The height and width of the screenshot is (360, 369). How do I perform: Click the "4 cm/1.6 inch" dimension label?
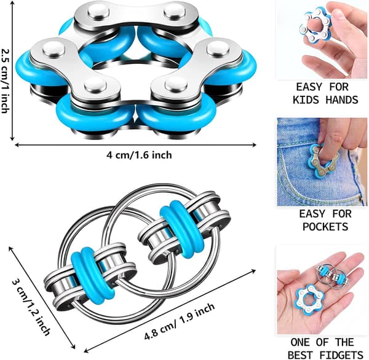pos(140,155)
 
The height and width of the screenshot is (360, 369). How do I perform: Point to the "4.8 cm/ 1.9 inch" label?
pos(180,321)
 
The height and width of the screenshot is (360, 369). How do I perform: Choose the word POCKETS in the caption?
pos(325,227)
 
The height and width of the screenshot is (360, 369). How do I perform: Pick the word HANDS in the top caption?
pos(342,100)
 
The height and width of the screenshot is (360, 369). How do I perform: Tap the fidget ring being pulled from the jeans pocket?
pos(323,160)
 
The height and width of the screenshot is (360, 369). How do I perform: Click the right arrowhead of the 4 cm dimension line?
pos(255,145)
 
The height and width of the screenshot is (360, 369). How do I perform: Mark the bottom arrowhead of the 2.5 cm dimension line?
pos(13,139)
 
